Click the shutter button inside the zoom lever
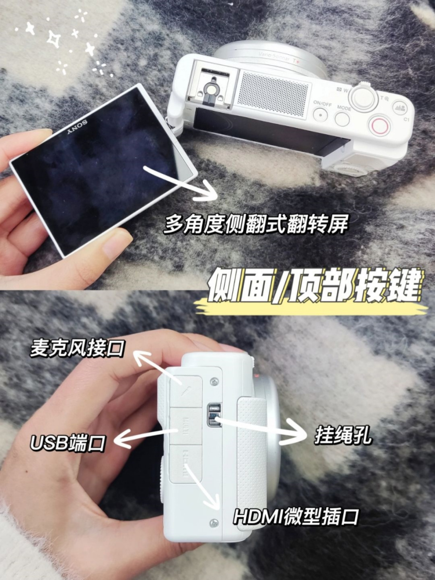(x=363, y=96)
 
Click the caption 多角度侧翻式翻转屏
(x=256, y=223)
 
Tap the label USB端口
(x=68, y=443)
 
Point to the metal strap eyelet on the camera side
(x=213, y=414)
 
